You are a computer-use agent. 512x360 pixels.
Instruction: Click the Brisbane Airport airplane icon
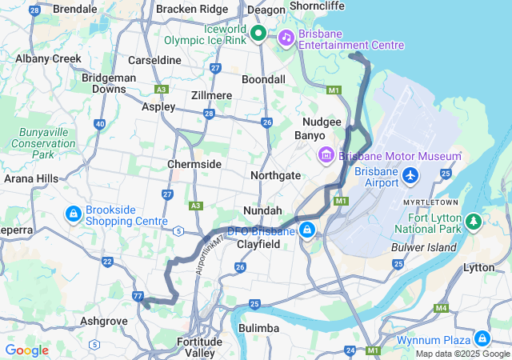point(411,174)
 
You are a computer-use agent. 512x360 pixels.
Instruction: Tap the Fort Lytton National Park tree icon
point(473,220)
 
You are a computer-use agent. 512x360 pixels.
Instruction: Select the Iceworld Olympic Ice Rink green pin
point(258,34)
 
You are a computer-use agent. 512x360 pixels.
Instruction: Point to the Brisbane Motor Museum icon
point(326,154)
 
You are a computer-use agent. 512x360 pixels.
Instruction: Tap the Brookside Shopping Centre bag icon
point(73,214)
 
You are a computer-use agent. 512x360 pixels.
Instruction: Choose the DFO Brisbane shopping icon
point(306,231)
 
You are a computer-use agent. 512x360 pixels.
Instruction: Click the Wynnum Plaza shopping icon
point(482,338)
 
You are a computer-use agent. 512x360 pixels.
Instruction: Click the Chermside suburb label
point(194,164)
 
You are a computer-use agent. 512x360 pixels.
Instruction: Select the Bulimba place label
point(259,329)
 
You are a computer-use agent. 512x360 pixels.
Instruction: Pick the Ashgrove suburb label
point(103,321)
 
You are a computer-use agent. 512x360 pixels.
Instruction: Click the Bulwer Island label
point(423,247)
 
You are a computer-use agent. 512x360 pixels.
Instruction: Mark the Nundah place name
point(262,210)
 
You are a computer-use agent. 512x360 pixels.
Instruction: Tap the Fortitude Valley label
point(196,347)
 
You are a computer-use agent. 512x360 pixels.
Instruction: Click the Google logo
point(27,350)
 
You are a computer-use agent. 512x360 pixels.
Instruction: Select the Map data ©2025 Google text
point(462,354)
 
